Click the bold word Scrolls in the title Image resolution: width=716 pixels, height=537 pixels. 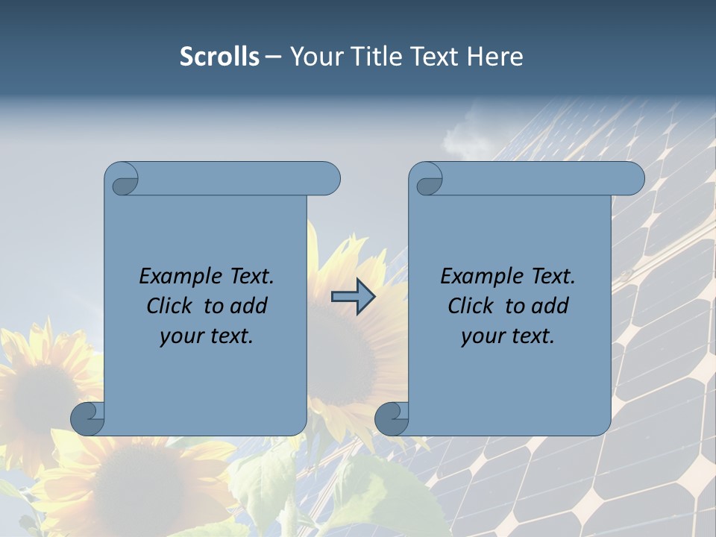tap(219, 57)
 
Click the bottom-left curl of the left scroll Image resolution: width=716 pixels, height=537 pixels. tap(86, 417)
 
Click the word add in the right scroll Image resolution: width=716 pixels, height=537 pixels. tap(550, 306)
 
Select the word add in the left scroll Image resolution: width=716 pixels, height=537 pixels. tap(248, 306)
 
